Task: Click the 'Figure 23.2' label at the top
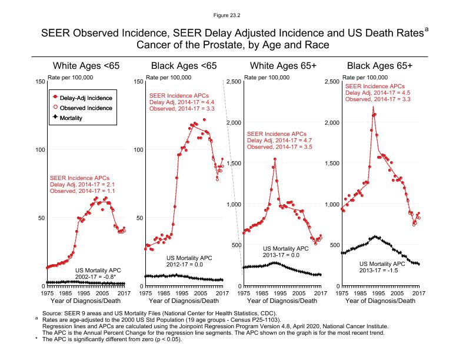(232, 12)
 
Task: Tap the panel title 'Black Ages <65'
(184, 65)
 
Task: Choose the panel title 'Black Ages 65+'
(380, 65)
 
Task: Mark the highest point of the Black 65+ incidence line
(374, 107)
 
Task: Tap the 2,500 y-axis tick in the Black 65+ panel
(332, 81)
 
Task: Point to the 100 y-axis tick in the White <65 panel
(39, 149)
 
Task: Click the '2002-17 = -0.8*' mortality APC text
(95, 276)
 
